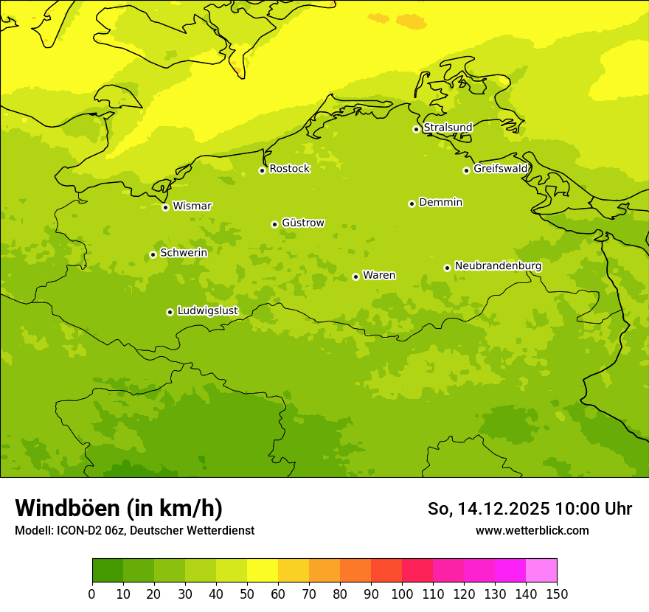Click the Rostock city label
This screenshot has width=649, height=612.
click(289, 169)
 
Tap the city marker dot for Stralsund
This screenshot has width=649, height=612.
click(416, 129)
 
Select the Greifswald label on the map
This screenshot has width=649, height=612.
click(500, 169)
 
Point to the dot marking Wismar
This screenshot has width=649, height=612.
click(165, 207)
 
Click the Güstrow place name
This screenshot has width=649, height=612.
click(302, 223)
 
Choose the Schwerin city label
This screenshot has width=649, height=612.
click(183, 253)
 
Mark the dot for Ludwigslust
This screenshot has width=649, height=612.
click(170, 312)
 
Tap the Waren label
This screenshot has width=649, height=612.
click(379, 276)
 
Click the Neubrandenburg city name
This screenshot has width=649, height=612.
click(498, 266)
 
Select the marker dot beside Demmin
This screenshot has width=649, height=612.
click(412, 204)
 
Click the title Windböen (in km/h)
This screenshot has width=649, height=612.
click(119, 508)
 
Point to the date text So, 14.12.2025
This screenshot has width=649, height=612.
click(488, 509)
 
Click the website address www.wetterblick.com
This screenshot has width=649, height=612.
click(532, 530)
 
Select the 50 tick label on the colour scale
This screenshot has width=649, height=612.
click(247, 594)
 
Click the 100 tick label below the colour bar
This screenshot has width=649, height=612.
click(402, 594)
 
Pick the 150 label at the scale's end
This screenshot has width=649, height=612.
click(557, 594)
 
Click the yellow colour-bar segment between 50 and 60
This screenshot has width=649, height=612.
click(263, 571)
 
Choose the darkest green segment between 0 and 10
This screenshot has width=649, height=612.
click(108, 571)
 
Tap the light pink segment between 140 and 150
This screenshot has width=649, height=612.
click(541, 571)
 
